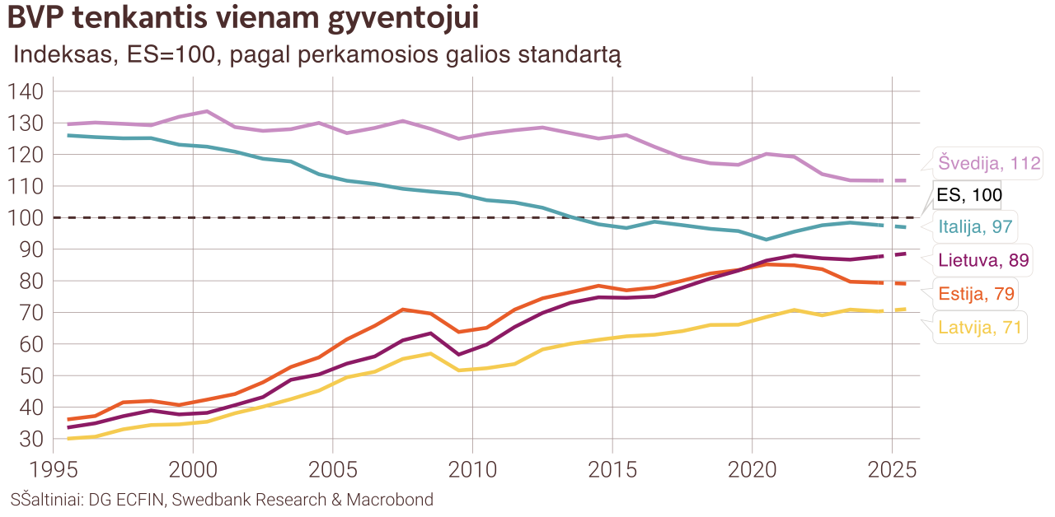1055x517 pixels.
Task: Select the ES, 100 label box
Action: pyautogui.click(x=968, y=195)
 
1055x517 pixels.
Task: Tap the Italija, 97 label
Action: pyautogui.click(x=976, y=226)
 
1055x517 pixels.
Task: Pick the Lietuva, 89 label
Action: pyautogui.click(x=983, y=261)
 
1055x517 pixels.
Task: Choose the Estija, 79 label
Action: pyautogui.click(x=977, y=294)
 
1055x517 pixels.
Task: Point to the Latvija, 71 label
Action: pyautogui.click(x=980, y=328)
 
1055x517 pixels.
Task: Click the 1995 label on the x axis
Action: pyautogui.click(x=53, y=470)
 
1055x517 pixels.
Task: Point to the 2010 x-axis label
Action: pyautogui.click(x=472, y=470)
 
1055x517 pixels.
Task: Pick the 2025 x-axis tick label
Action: pyautogui.click(x=893, y=470)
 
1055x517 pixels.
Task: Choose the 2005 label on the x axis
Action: pyautogui.click(x=332, y=470)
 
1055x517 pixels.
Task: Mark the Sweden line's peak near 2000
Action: pyautogui.click(x=206, y=111)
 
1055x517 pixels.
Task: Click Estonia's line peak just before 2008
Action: pyautogui.click(x=402, y=310)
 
